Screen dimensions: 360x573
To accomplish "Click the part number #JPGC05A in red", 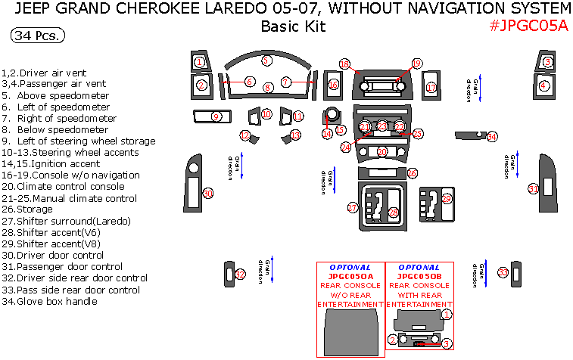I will click(x=528, y=26).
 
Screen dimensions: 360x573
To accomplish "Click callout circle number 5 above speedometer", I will click(x=266, y=60).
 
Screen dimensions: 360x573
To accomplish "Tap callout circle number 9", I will click(x=216, y=116).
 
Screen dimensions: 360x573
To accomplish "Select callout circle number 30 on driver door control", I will click(x=208, y=194).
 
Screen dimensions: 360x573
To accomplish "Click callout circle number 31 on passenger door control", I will click(x=534, y=188).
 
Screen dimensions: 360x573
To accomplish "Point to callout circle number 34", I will click(x=492, y=137).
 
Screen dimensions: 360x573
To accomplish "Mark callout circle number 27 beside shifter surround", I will click(x=353, y=207).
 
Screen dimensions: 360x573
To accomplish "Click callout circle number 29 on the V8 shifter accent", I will click(x=447, y=199).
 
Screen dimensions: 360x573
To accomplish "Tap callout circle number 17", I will click(x=431, y=88).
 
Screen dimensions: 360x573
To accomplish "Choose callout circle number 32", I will click(x=240, y=275).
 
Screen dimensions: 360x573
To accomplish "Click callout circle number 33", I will click(x=503, y=272).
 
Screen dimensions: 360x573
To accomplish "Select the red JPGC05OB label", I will click(x=419, y=277).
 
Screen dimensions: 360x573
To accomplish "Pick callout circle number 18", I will click(x=344, y=64).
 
